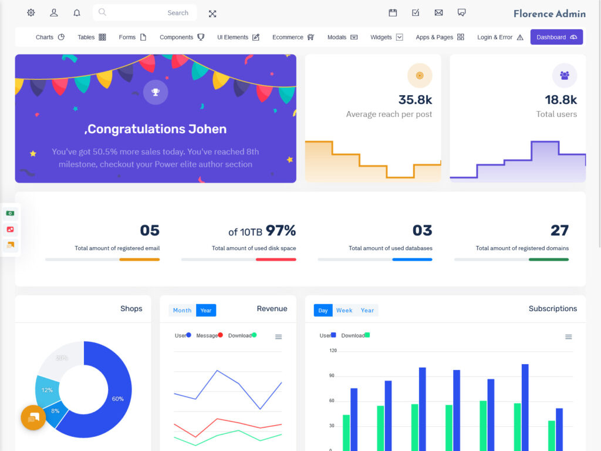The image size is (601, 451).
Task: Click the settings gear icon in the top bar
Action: [x=31, y=13]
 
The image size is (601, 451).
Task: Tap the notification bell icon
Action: [x=77, y=13]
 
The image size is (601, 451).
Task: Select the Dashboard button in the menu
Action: [x=556, y=37]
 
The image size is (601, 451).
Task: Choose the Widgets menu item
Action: [x=386, y=37]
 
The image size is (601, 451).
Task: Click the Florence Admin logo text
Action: [x=549, y=14]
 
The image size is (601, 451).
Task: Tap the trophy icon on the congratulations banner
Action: [x=156, y=92]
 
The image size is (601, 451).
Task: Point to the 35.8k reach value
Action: [x=415, y=100]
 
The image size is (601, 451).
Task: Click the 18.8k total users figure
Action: [x=561, y=100]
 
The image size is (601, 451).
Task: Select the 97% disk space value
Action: [x=281, y=230]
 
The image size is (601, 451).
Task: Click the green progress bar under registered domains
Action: [x=548, y=259]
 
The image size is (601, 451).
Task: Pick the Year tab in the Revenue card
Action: [x=206, y=310]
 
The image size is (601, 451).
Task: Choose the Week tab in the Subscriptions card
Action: [x=344, y=310]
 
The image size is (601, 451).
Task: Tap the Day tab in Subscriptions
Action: [x=323, y=310]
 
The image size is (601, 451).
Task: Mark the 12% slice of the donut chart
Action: [x=48, y=390]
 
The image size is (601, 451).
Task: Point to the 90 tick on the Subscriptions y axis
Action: [x=333, y=376]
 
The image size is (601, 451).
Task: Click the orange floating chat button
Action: [x=33, y=418]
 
